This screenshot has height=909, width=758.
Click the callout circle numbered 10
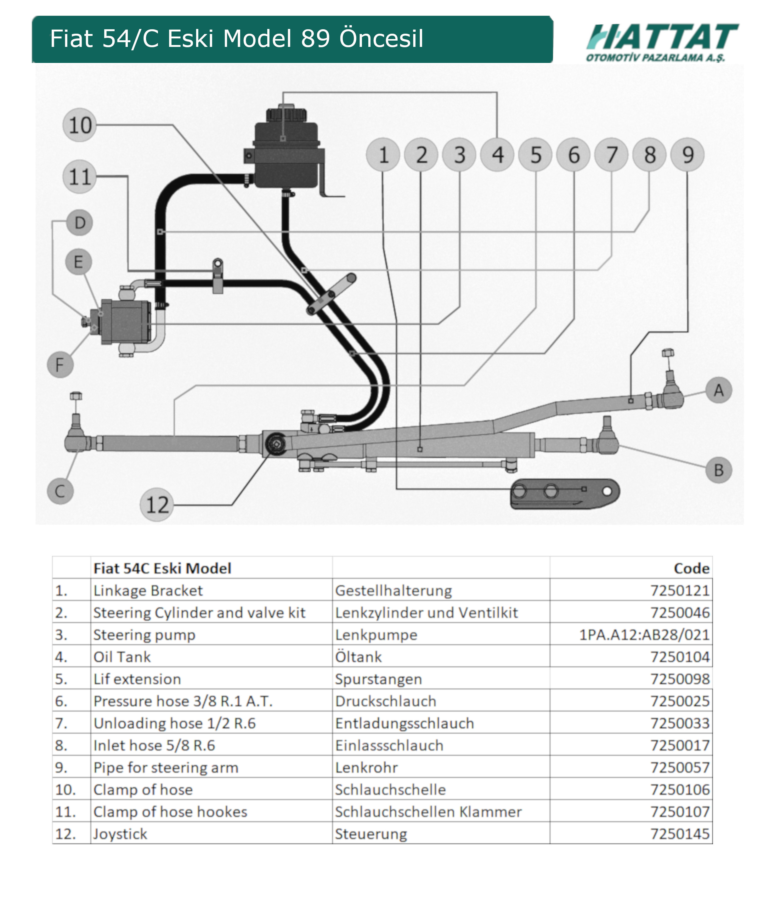pos(80,125)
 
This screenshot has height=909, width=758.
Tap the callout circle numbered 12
pos(157,505)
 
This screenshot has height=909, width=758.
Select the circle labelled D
pos(80,223)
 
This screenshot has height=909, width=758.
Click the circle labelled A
pos(719,390)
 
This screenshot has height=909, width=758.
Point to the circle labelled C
pos(60,491)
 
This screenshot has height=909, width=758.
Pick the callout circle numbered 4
pos(497,155)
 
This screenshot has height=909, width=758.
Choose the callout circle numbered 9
pos(687,155)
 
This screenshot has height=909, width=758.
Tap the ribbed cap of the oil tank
pos(286,114)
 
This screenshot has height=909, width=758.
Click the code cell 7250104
pos(680,657)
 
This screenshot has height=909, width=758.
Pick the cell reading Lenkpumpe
pos(376,635)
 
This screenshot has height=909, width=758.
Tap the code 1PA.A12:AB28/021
pos(644,635)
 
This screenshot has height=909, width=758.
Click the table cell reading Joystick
pos(120,834)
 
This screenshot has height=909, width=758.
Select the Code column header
pos(691,568)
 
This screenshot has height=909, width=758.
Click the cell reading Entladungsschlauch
pos(404,723)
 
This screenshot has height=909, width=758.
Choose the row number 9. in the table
pos(61,767)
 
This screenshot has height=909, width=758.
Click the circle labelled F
pos(60,364)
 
